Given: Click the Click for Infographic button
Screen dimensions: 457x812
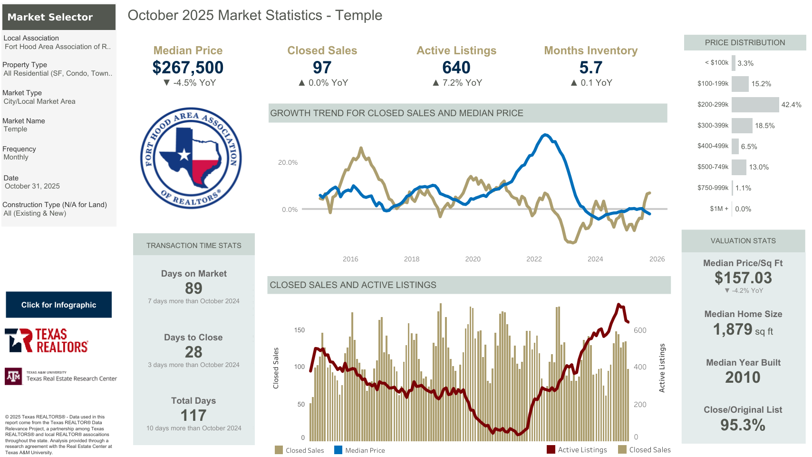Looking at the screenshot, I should (58, 305).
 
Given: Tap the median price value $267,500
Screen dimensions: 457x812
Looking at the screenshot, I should (188, 68).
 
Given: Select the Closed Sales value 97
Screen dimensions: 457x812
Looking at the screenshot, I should (322, 68).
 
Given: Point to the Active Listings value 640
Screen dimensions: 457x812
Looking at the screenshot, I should (456, 68).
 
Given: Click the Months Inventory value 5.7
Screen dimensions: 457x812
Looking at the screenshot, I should (590, 68).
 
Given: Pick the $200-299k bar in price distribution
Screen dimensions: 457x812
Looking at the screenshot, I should (755, 105).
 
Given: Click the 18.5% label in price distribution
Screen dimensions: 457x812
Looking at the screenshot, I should (764, 126).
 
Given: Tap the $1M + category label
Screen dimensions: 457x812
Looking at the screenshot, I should (719, 209).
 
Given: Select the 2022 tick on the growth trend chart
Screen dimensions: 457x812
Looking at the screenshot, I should (534, 259).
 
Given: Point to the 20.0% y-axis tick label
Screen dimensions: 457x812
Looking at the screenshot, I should (288, 163).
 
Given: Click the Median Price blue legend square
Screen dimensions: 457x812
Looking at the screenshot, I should (338, 450).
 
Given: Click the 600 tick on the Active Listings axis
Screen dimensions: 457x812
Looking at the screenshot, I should (640, 330).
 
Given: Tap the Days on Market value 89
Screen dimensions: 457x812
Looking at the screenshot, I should (193, 288).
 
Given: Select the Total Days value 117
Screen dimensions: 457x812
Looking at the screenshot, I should (193, 415).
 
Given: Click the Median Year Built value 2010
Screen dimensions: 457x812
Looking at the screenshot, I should (743, 378).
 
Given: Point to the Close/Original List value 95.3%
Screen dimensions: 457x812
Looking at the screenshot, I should (743, 425).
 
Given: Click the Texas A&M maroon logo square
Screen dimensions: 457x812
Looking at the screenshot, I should (13, 376).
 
